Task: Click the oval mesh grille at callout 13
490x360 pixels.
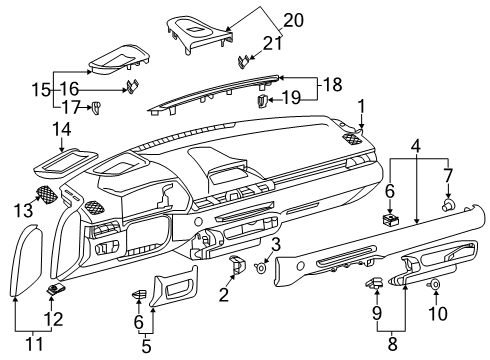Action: click(x=46, y=196)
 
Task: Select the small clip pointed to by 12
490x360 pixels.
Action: click(x=56, y=290)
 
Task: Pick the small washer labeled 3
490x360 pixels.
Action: click(x=262, y=266)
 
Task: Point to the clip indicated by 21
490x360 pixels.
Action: click(x=244, y=61)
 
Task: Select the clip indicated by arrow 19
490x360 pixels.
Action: click(x=263, y=100)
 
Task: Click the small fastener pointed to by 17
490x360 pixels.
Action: click(x=98, y=108)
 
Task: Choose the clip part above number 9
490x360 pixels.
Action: click(x=377, y=285)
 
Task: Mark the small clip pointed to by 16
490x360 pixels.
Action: click(x=130, y=87)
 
